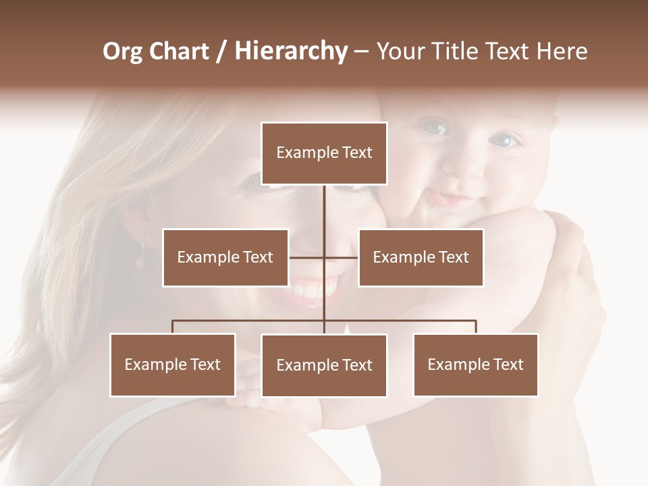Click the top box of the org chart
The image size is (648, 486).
pyautogui.click(x=324, y=153)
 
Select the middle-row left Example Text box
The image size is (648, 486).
pyautogui.click(x=225, y=257)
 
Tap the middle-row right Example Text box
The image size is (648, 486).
pyautogui.click(x=421, y=257)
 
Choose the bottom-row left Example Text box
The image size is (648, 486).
pyautogui.click(x=173, y=364)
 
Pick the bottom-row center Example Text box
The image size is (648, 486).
pyautogui.click(x=324, y=365)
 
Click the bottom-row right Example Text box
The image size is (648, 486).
pyautogui.click(x=475, y=364)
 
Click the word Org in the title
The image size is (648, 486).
pyautogui.click(x=122, y=51)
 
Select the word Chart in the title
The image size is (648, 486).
pyautogui.click(x=178, y=51)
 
